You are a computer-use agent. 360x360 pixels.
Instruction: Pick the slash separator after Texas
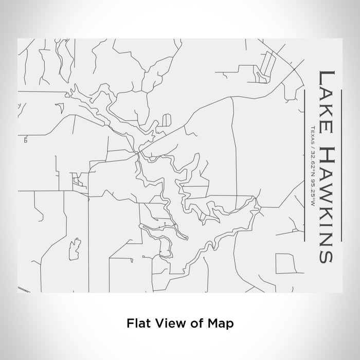312,143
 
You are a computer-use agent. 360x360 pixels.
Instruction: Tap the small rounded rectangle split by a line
167,119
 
